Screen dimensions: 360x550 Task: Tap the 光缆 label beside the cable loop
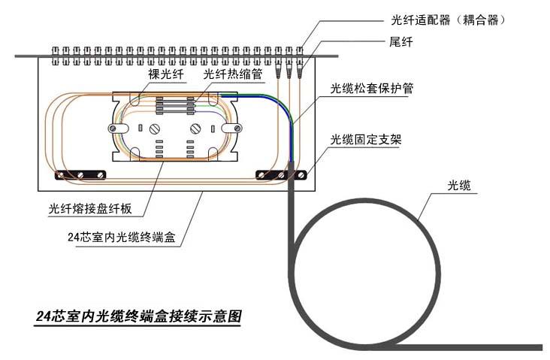pyautogui.click(x=459, y=185)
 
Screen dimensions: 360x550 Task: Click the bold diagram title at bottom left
pyautogui.click(x=139, y=316)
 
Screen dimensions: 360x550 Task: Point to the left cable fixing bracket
pyautogui.click(x=78, y=175)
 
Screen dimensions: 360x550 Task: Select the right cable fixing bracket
pyautogui.click(x=281, y=175)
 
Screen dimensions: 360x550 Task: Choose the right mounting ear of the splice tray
pyautogui.click(x=235, y=127)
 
